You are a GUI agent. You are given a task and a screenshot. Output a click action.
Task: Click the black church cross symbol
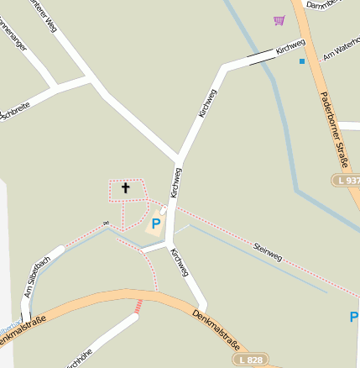126,187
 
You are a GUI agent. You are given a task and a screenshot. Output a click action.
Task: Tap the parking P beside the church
155,224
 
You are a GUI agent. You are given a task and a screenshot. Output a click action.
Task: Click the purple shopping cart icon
279,20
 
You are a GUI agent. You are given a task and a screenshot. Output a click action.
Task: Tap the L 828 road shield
251,359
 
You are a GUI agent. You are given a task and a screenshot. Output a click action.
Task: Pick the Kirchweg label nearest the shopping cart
290,47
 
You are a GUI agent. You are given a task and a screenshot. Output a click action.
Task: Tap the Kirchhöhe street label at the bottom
77,358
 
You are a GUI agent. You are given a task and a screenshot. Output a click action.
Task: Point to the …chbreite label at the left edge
15,110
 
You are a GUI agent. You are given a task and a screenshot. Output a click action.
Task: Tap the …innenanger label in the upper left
12,40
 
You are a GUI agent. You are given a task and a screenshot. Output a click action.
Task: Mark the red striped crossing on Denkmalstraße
138,307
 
